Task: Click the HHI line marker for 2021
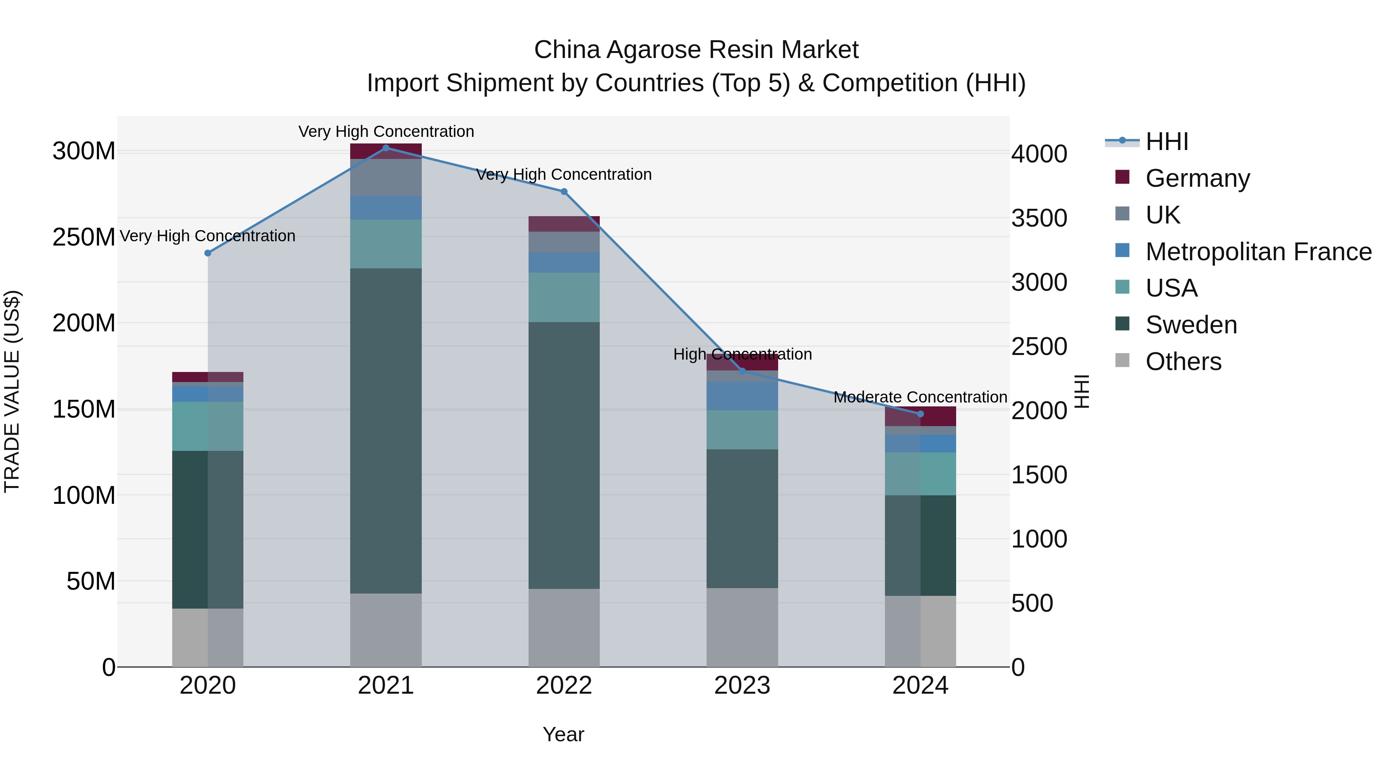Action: pos(385,148)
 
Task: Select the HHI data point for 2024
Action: pos(921,414)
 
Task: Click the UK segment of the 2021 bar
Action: pos(385,177)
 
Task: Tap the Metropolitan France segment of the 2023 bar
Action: pos(742,396)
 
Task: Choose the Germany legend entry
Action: pos(1197,178)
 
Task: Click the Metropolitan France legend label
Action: pos(1258,252)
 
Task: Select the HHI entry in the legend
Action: pos(1166,142)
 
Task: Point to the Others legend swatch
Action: pos(1122,360)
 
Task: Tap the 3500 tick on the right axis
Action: pos(1039,218)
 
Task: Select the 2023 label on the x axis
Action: pos(742,686)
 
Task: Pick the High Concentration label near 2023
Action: pos(742,355)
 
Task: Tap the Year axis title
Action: pos(563,734)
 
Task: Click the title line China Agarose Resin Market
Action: pos(696,50)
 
